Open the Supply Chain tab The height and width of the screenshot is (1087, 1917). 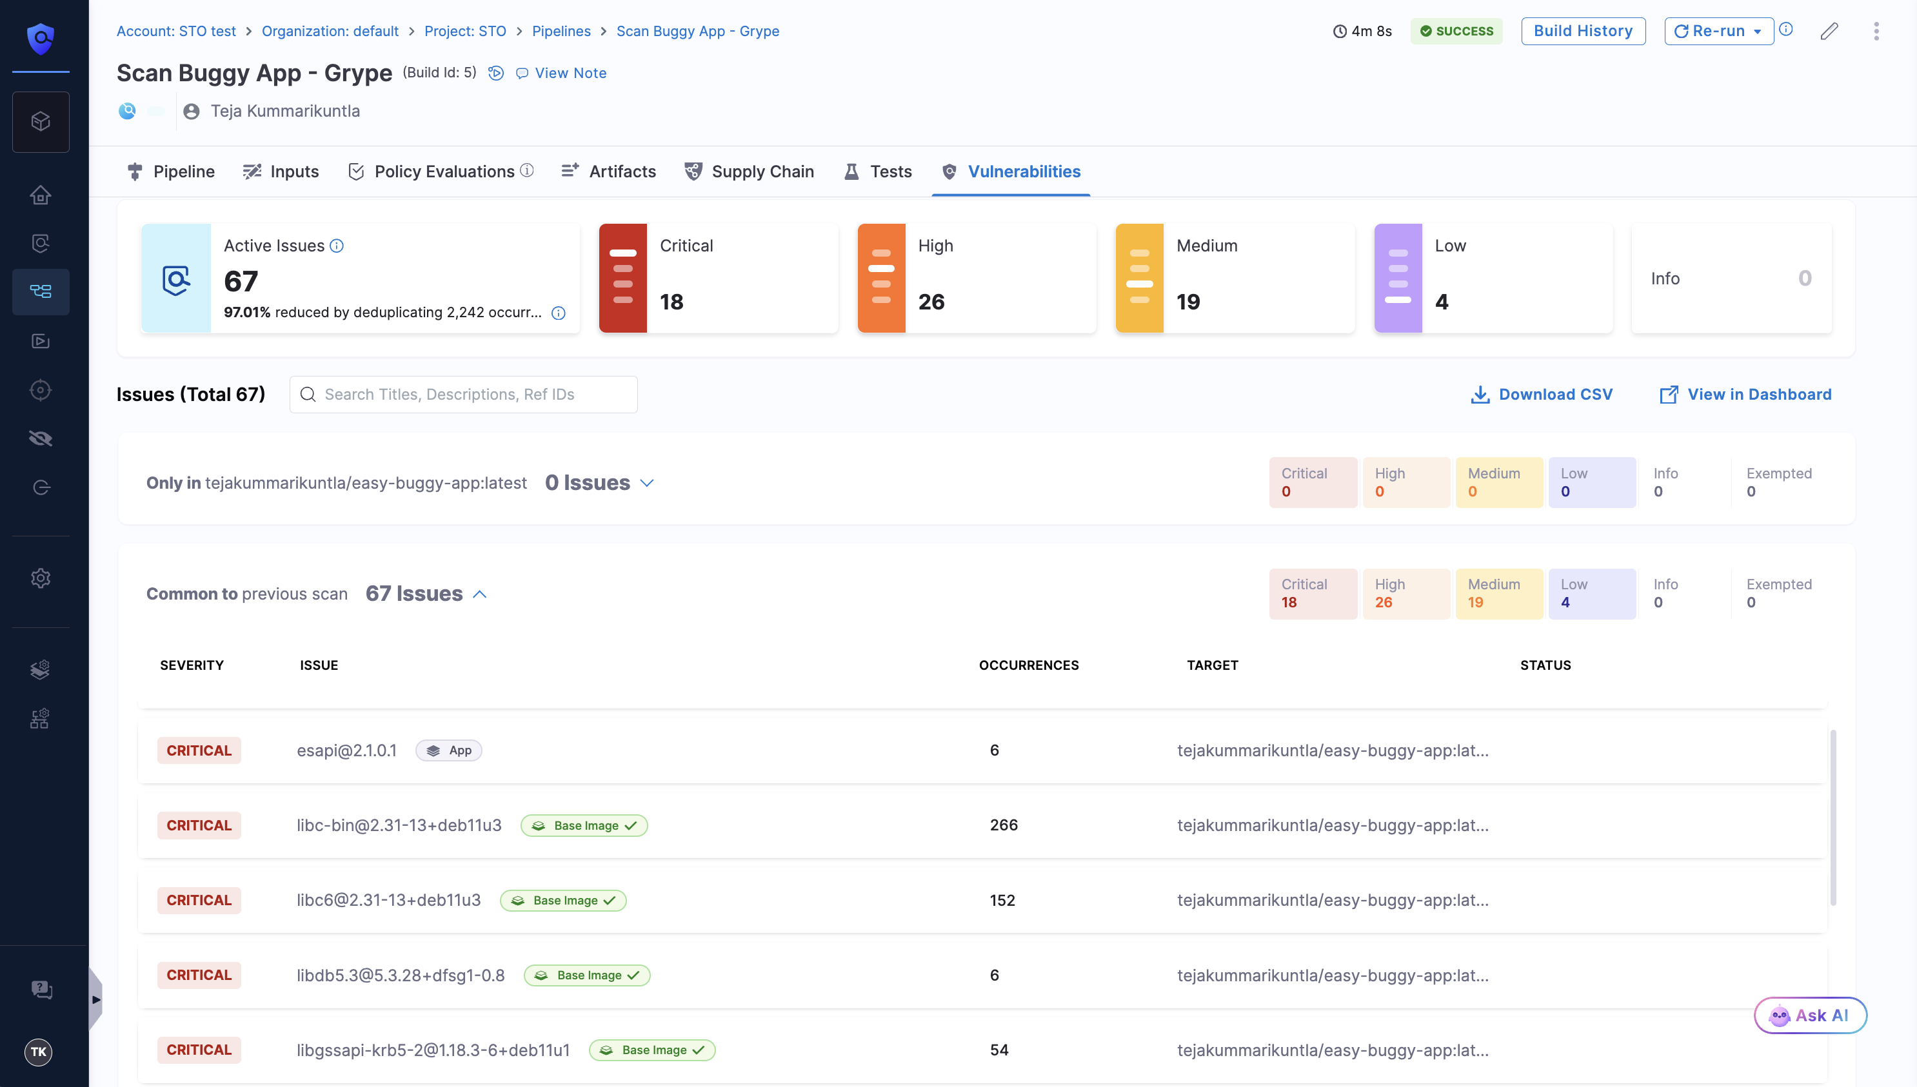tap(750, 171)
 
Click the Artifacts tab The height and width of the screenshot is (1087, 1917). tap(609, 171)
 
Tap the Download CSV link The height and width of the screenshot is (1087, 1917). tap(1542, 394)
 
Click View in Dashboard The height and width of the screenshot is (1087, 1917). tap(1745, 394)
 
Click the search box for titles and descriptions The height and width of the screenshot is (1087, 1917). tap(464, 394)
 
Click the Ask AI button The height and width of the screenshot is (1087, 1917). tap(1810, 1015)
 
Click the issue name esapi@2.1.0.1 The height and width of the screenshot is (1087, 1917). tap(346, 750)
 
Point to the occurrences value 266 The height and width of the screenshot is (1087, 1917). tap(1004, 825)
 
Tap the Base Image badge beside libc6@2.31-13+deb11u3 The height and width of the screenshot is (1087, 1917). tap(564, 901)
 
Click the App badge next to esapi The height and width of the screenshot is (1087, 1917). tap(449, 750)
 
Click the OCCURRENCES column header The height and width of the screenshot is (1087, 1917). tap(1028, 665)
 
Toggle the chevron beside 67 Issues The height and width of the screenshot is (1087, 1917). tap(480, 594)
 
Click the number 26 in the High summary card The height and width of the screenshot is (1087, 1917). tap(931, 302)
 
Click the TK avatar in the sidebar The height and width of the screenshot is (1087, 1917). tap(39, 1052)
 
